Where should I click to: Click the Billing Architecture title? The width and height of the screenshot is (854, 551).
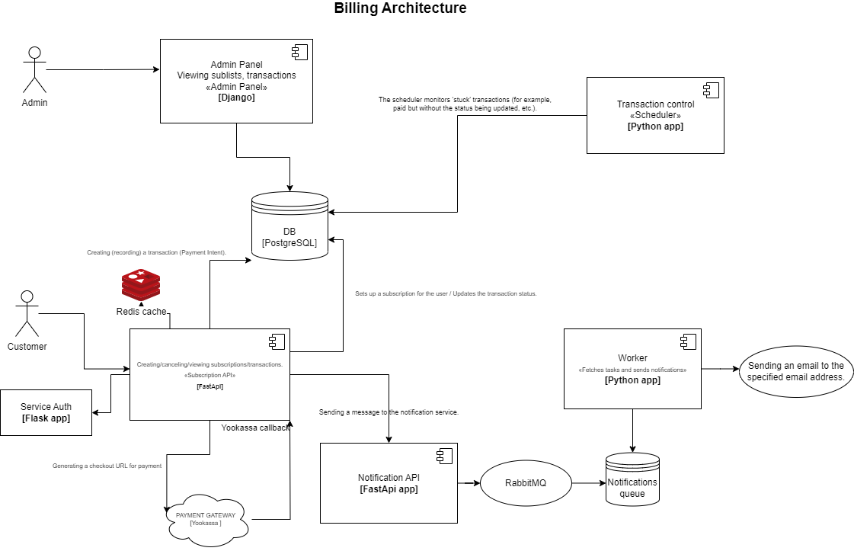click(x=400, y=9)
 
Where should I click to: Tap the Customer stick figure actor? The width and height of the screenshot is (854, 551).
click(x=27, y=313)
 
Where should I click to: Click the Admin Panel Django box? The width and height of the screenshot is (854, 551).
click(x=236, y=81)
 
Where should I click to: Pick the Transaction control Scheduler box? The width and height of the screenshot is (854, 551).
click(x=655, y=115)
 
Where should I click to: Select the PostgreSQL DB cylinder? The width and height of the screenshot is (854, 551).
click(x=289, y=226)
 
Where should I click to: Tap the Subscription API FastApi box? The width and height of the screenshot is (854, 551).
click(x=210, y=374)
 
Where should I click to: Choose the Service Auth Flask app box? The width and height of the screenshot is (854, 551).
click(x=46, y=412)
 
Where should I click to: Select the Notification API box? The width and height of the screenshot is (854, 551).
click(x=389, y=483)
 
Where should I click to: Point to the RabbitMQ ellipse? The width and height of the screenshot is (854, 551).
click(x=526, y=483)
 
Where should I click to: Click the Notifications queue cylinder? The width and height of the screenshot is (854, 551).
click(x=632, y=480)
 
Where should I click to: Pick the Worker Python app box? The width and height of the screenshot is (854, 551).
click(x=632, y=368)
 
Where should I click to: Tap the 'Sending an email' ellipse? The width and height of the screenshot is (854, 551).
click(x=795, y=371)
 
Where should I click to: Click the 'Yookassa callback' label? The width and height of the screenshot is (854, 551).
click(x=255, y=428)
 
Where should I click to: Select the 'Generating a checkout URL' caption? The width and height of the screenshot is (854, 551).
click(x=107, y=465)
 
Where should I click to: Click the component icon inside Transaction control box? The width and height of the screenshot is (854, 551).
click(x=711, y=91)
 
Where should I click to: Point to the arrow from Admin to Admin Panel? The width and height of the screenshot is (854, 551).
click(x=103, y=70)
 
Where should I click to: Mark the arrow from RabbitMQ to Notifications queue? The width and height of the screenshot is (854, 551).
click(x=588, y=483)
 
